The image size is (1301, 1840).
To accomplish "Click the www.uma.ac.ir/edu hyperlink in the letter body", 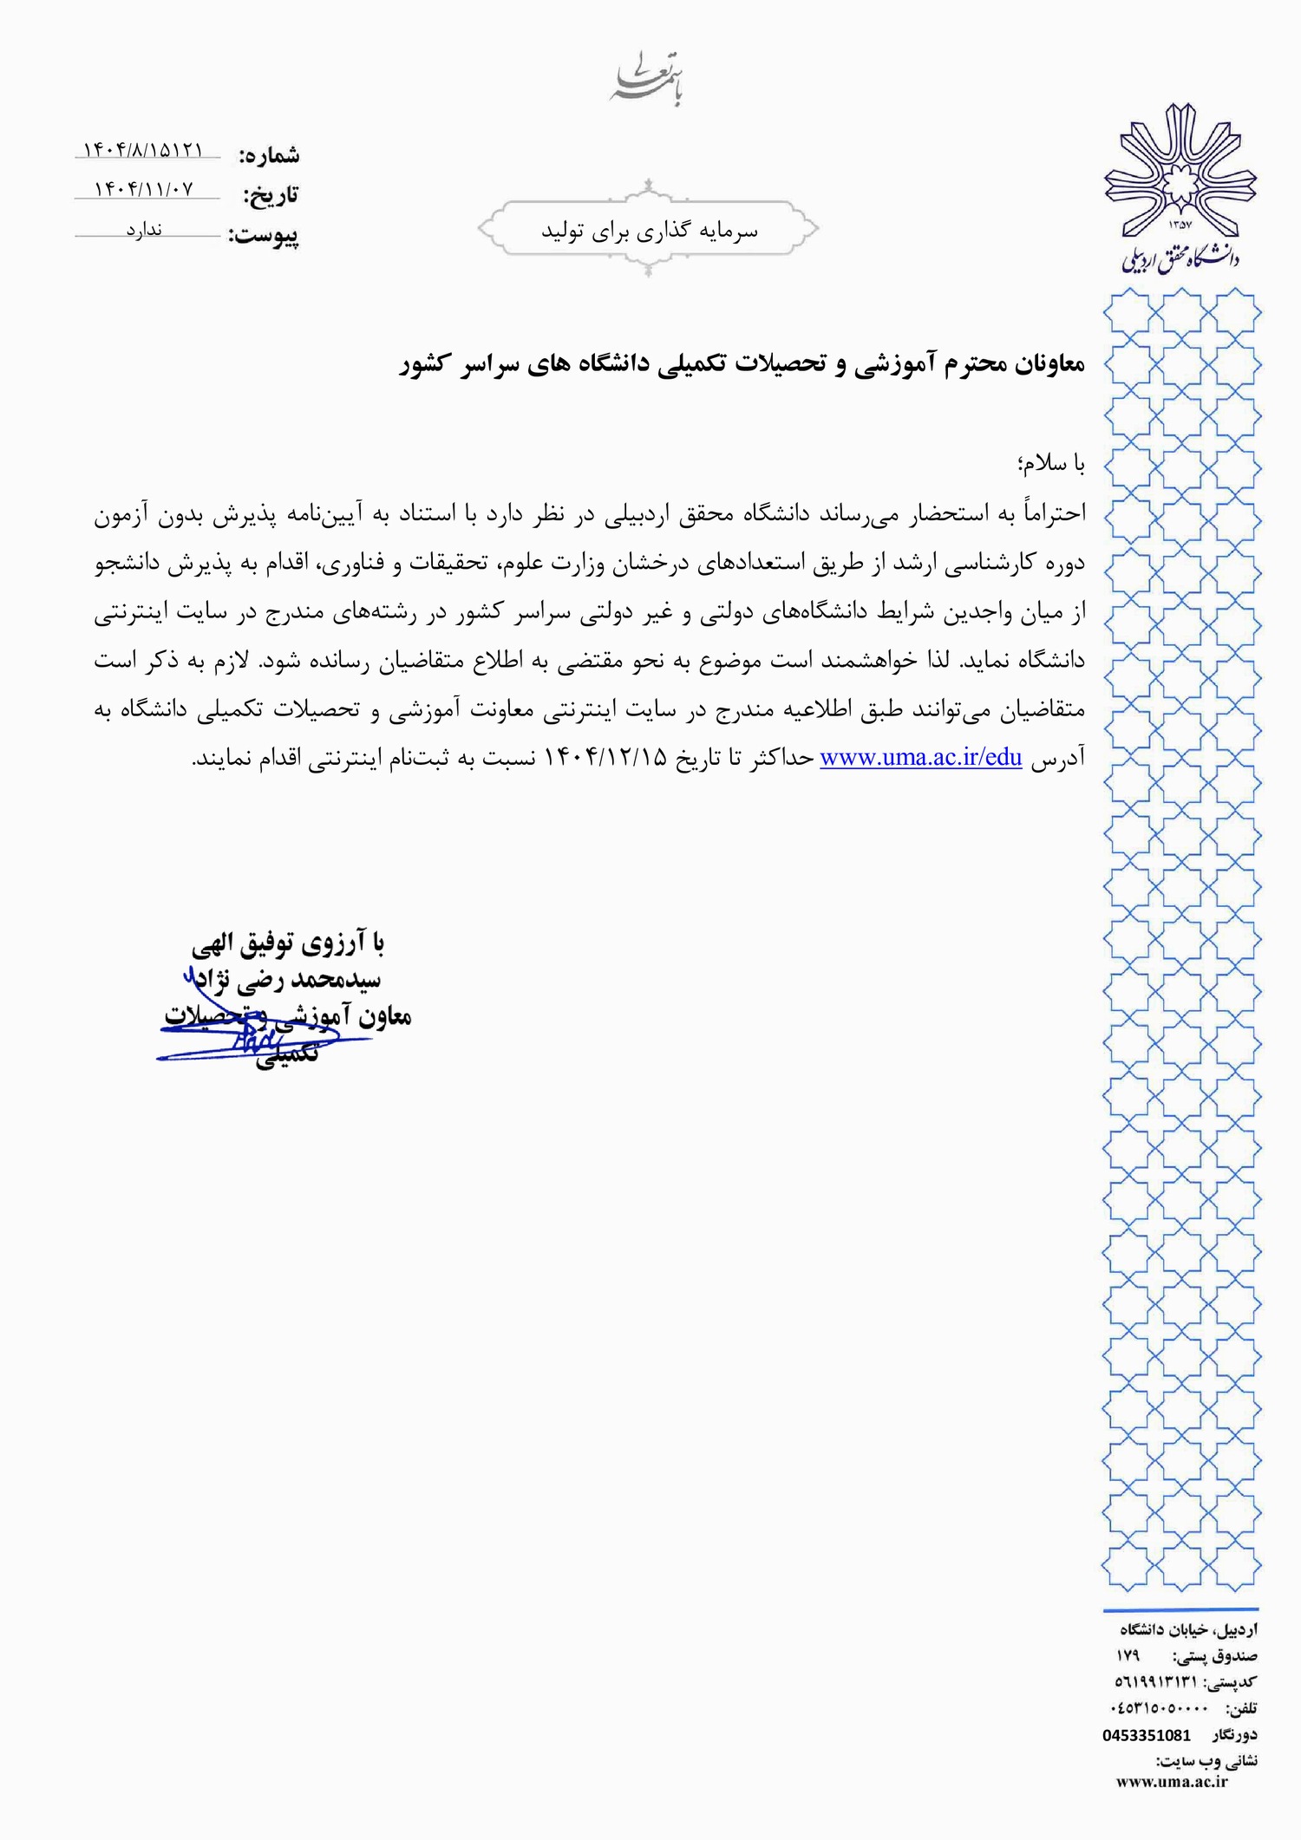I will click(920, 758).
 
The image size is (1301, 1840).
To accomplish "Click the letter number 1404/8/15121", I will click(143, 151).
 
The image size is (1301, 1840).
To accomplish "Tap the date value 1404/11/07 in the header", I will click(144, 189).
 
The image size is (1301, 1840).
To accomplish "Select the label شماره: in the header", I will click(269, 156).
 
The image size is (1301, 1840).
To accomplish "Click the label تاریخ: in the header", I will click(271, 195).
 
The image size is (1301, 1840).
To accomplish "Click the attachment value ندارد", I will click(144, 230).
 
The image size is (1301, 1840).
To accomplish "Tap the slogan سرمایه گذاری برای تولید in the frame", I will click(650, 231).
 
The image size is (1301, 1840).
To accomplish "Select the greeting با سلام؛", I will click(1052, 464).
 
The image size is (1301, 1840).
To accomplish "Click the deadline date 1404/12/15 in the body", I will click(606, 758).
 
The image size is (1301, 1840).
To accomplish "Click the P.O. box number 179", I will click(1128, 1655).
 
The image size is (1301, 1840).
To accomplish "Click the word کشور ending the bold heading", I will click(422, 365).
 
